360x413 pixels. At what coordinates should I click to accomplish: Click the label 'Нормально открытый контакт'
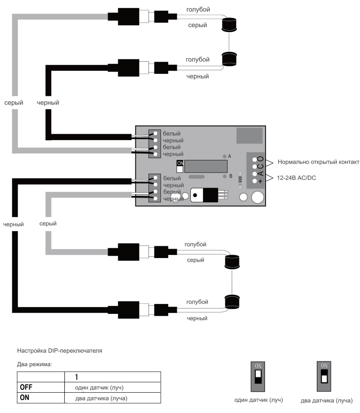pos(319,163)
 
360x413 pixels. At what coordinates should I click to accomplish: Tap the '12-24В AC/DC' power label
pos(297,178)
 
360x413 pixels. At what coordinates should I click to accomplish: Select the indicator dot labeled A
pos(225,156)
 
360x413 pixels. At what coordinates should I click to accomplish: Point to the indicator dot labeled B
pos(225,176)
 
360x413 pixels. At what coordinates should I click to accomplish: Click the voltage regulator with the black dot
pos(204,195)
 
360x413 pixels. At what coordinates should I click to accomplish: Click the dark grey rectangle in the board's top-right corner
pos(250,135)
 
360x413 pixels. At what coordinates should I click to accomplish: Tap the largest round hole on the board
pos(257,197)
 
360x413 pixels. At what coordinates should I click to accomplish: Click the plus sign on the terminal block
pos(260,181)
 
